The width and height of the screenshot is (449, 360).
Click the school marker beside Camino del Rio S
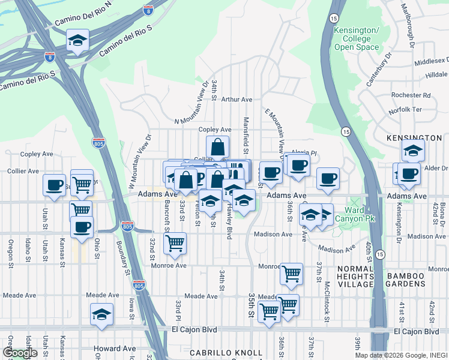coord(77,41)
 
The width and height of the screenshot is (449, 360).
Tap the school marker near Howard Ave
coord(102,314)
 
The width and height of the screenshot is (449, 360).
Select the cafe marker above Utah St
coord(54,184)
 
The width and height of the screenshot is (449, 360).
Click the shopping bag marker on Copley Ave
coord(217,146)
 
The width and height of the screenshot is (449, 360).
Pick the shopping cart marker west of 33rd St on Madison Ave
coord(175,243)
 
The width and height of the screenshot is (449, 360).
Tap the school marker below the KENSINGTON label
coord(414,151)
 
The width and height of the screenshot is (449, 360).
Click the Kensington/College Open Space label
coord(357,38)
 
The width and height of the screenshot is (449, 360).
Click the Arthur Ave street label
coord(237,100)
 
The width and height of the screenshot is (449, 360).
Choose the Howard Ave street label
coord(114,348)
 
